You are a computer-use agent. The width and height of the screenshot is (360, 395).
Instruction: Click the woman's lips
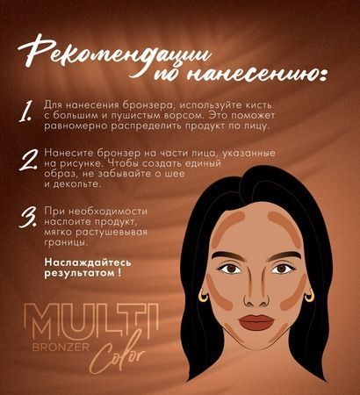click(259, 321)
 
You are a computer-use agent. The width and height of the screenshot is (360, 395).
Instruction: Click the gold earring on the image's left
click(209, 299)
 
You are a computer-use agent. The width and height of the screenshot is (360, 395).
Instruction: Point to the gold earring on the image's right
click(311, 298)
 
